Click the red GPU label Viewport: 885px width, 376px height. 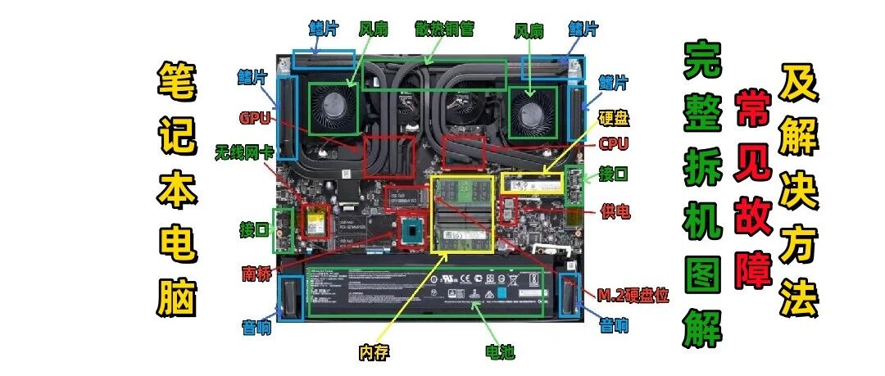(255, 117)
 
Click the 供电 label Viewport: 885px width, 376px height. (615, 211)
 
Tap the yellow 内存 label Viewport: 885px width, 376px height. (371, 352)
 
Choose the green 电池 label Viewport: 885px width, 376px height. (499, 352)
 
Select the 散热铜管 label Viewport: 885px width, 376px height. (447, 30)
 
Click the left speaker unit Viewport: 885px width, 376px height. (291, 297)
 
